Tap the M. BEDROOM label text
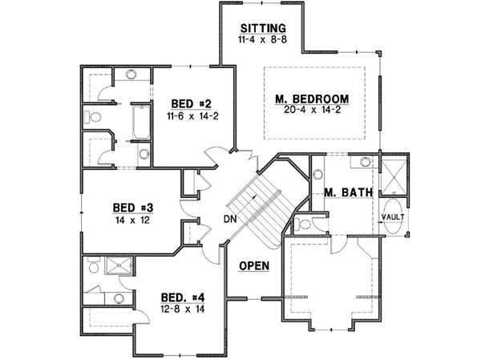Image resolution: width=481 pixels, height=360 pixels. tap(313, 99)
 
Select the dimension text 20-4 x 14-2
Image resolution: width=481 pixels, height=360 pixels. tap(313, 110)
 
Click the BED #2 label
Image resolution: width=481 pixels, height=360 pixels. tap(191, 104)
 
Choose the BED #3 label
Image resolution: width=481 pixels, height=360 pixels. tap(135, 206)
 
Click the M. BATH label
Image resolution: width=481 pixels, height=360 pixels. tap(346, 193)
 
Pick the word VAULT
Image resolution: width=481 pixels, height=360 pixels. tap(392, 216)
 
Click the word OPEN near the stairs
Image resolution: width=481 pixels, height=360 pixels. tap(253, 266)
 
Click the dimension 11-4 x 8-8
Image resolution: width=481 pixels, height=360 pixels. tap(261, 38)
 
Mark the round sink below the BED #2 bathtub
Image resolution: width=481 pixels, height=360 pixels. tap(142, 155)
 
